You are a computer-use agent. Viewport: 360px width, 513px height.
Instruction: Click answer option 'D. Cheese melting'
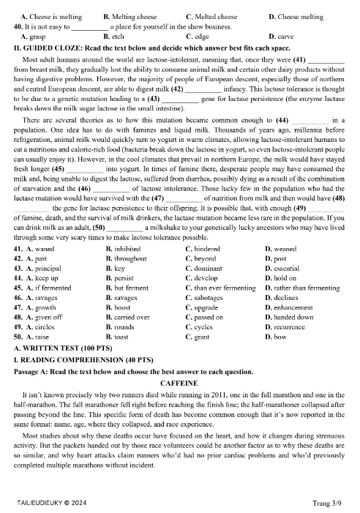tap(296, 15)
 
